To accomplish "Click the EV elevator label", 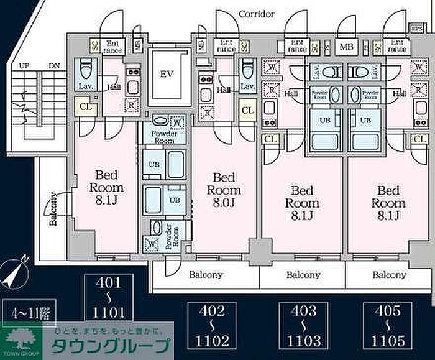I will coord(165,74).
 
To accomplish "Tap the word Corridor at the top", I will coord(257,14).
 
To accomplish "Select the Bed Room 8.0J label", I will coord(223,190).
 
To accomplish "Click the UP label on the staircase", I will coord(24,65).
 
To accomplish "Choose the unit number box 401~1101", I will coord(109,298).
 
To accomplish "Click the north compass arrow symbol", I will coord(14,272).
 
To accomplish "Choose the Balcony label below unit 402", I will coord(206,274).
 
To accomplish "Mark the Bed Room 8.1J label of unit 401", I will coord(109,187).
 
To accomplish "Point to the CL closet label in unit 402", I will coord(247,110).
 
